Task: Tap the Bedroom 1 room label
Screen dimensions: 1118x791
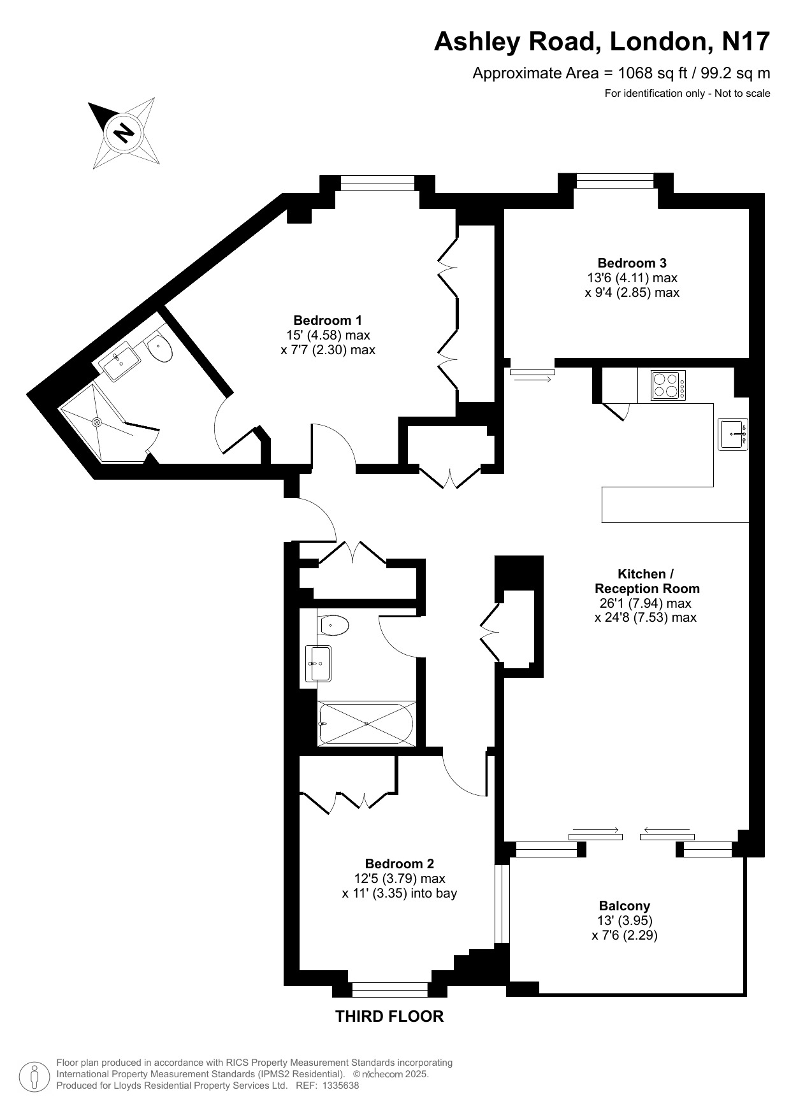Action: [x=328, y=320]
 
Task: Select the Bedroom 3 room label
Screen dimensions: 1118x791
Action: [x=632, y=262]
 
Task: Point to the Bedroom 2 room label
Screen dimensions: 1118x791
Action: [x=399, y=864]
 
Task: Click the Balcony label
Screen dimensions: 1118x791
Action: [x=624, y=905]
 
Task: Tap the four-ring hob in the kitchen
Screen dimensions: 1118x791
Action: [x=668, y=385]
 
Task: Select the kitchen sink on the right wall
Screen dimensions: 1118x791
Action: [x=733, y=434]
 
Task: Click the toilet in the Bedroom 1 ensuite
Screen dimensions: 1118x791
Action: [x=159, y=348]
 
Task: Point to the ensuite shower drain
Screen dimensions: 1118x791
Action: [x=98, y=422]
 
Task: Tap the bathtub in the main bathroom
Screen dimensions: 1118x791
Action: [x=366, y=724]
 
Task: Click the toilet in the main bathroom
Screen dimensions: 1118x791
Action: [x=334, y=626]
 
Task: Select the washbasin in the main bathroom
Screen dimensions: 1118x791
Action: [x=318, y=663]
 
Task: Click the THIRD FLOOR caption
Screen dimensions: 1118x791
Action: [x=389, y=1016]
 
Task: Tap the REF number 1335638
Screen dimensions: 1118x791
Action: [x=342, y=1086]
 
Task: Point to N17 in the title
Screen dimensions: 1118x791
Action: [x=745, y=42]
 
